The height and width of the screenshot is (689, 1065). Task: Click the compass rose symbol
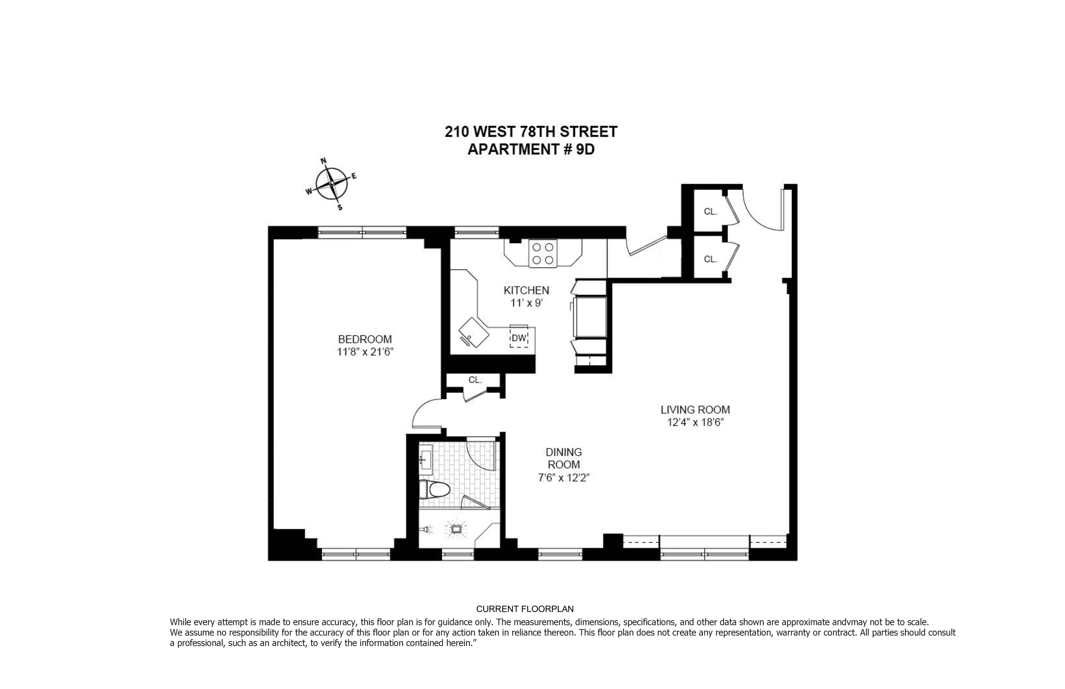point(332,184)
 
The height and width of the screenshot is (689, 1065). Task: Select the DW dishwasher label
point(519,338)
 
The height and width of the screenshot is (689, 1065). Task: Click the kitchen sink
point(474,332)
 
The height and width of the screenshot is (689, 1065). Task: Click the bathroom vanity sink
point(426,460)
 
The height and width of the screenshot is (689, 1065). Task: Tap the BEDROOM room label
point(365,339)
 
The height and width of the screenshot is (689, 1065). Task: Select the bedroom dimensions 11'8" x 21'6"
point(365,352)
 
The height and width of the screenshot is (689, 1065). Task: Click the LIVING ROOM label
point(695,409)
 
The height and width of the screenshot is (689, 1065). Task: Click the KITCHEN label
point(526,290)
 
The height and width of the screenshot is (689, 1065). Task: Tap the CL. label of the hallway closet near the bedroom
point(475,380)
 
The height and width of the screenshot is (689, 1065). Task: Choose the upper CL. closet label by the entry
point(710,212)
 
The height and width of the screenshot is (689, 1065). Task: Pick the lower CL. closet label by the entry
point(710,259)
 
